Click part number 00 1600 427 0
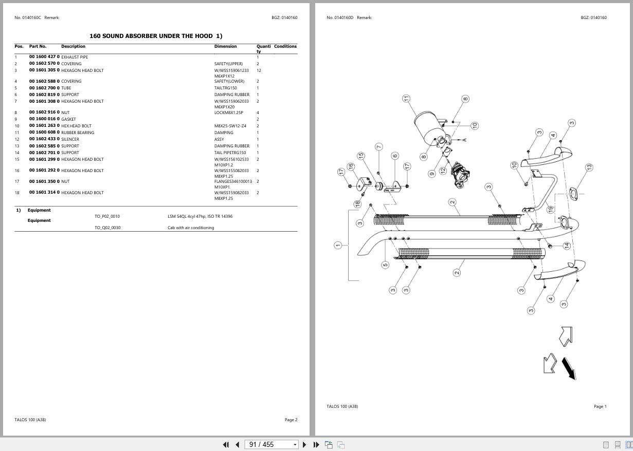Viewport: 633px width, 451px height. pyautogui.click(x=44, y=57)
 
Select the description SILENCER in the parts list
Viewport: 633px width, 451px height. pyautogui.click(x=70, y=139)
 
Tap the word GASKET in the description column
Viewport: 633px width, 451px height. pyautogui.click(x=68, y=119)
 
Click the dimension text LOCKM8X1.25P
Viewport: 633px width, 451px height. pyautogui.click(x=229, y=112)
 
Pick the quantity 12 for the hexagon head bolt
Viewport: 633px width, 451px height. pyautogui.click(x=259, y=70)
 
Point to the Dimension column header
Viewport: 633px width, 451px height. pyautogui.click(x=225, y=46)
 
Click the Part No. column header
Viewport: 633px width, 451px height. pyautogui.click(x=38, y=46)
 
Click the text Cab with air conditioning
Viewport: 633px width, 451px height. pyautogui.click(x=191, y=228)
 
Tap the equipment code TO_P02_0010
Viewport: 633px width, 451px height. pyautogui.click(x=107, y=216)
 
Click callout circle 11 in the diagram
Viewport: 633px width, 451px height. pyautogui.click(x=406, y=98)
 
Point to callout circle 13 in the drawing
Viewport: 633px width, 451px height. pyautogui.click(x=589, y=167)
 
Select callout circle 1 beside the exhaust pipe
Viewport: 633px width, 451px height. pyautogui.click(x=338, y=246)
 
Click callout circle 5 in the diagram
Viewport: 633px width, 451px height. pyautogui.click(x=385, y=265)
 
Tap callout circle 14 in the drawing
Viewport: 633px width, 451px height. pyautogui.click(x=567, y=246)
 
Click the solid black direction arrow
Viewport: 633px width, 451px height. pyautogui.click(x=568, y=368)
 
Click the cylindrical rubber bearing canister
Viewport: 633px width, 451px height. pyautogui.click(x=427, y=126)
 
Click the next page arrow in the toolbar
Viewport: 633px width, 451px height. pyautogui.click(x=304, y=444)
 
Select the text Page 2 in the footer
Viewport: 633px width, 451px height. pyautogui.click(x=291, y=420)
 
